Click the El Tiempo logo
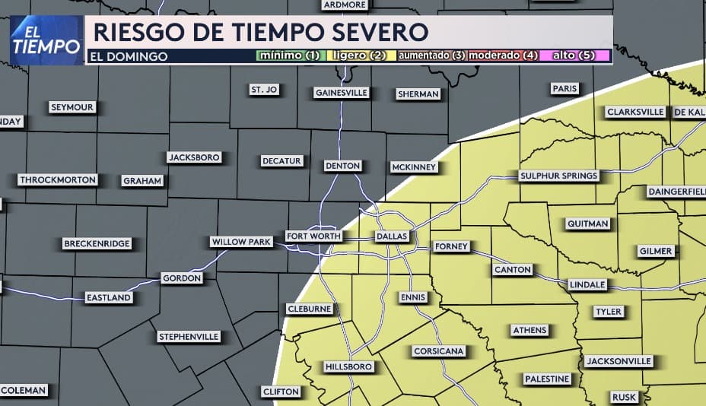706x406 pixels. pyautogui.click(x=46, y=40)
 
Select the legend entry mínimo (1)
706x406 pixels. pyautogui.click(x=290, y=56)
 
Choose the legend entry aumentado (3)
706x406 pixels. pyautogui.click(x=431, y=56)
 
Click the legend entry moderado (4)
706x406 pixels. pyautogui.click(x=503, y=56)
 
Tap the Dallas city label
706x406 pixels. pyautogui.click(x=393, y=236)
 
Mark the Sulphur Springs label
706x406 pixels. pyautogui.click(x=559, y=176)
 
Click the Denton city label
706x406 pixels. pyautogui.click(x=342, y=166)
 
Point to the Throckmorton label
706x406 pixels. pyautogui.click(x=59, y=180)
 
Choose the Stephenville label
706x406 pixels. pyautogui.click(x=189, y=336)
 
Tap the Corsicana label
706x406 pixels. pyautogui.click(x=438, y=351)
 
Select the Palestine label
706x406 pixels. pyautogui.click(x=547, y=379)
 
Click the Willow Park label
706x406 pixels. pyautogui.click(x=241, y=242)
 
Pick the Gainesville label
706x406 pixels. pyautogui.click(x=341, y=93)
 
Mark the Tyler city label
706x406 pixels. pyautogui.click(x=609, y=312)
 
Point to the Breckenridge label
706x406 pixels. pyautogui.click(x=97, y=244)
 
